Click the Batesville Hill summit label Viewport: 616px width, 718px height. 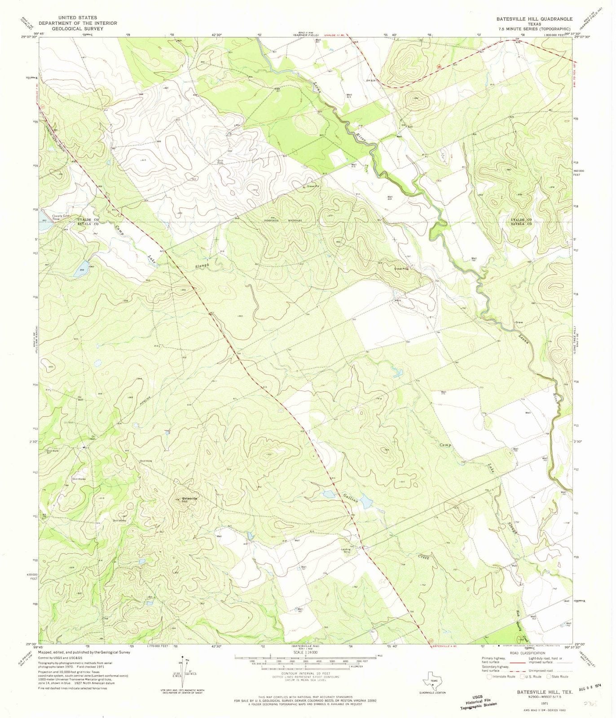click(x=189, y=500)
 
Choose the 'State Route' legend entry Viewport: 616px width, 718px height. click(x=559, y=677)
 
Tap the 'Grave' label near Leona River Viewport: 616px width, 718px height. click(x=519, y=322)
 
